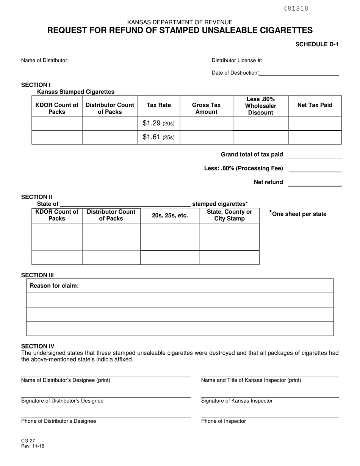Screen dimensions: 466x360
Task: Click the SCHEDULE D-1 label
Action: click(x=317, y=44)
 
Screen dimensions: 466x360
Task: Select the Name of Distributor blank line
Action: click(x=136, y=61)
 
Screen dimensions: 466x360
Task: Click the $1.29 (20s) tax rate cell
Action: click(x=159, y=124)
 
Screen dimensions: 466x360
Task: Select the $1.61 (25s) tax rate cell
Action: click(x=159, y=137)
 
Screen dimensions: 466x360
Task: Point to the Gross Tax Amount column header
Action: click(x=206, y=108)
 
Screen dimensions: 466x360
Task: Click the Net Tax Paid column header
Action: click(x=315, y=105)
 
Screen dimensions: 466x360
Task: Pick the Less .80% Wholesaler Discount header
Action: click(x=261, y=106)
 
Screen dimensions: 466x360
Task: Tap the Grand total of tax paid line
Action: click(x=315, y=155)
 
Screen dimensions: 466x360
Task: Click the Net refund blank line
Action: click(x=315, y=183)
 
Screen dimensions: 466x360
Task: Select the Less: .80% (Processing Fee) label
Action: click(x=244, y=168)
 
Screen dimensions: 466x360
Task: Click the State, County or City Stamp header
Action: click(x=229, y=215)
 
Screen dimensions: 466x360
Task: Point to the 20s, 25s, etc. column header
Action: click(x=170, y=215)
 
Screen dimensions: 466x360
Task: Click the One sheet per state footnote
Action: click(x=298, y=214)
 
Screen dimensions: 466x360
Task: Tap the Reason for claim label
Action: click(x=54, y=286)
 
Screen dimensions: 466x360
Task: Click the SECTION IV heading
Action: click(x=38, y=346)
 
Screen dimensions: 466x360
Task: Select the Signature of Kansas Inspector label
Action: click(x=237, y=401)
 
